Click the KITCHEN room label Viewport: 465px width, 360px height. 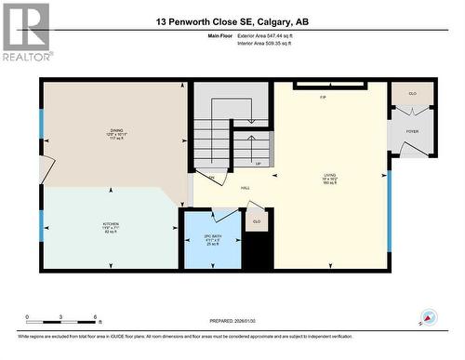(x=111, y=226)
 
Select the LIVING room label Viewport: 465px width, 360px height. (x=329, y=177)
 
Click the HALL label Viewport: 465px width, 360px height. (x=246, y=188)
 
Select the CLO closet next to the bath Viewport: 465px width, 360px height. (x=257, y=221)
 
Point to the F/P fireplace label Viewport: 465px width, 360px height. (x=323, y=97)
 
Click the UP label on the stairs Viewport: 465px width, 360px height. (x=258, y=164)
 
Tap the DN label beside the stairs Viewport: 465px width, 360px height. (x=211, y=177)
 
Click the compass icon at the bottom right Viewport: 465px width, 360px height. (x=427, y=316)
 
